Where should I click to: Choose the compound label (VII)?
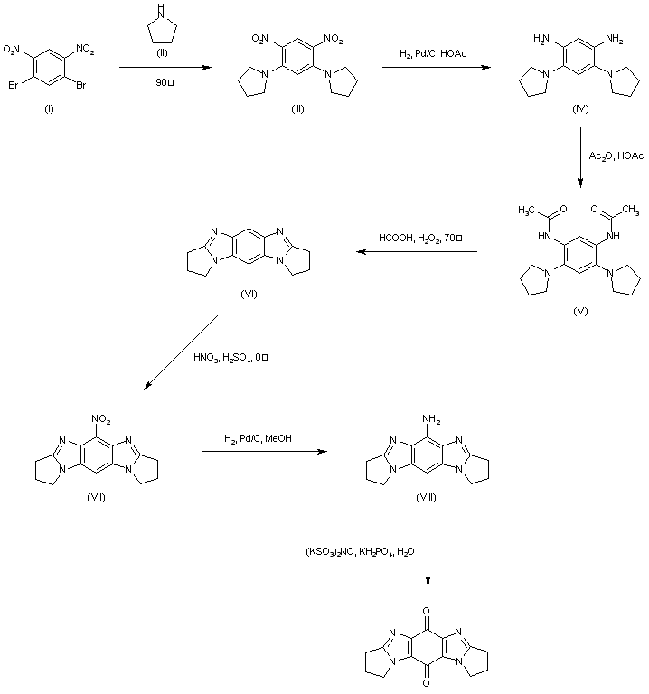coord(97,498)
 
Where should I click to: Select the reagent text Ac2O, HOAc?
coord(616,156)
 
